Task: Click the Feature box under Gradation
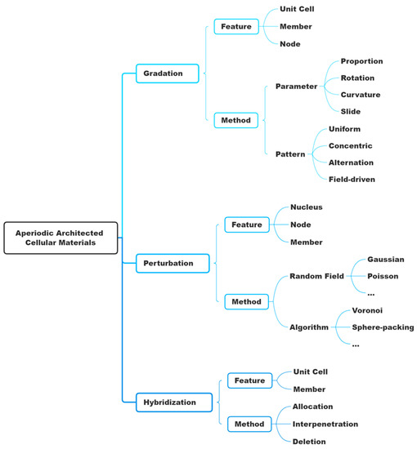pos(235,26)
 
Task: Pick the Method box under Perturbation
pos(246,301)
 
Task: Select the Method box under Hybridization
pos(249,425)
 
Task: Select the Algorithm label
pos(309,327)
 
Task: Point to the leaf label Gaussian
pos(385,259)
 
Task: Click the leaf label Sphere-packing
pos(383,327)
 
